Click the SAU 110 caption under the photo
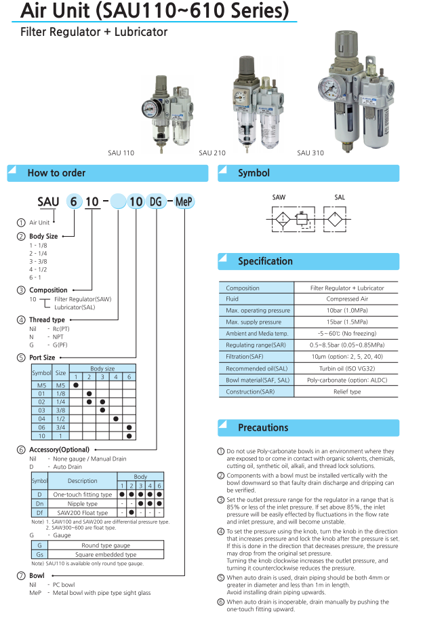(121, 153)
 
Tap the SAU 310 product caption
(310, 153)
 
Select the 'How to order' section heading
(56, 173)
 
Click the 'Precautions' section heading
(263, 427)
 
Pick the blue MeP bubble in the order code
(184, 201)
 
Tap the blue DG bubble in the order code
(156, 201)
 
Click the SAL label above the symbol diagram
(340, 197)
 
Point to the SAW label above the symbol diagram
(279, 197)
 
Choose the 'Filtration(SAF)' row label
(244, 357)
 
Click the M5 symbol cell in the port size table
(41, 385)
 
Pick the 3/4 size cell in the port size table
(60, 427)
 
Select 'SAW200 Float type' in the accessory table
(83, 512)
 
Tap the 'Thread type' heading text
(47, 320)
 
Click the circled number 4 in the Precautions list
(221, 530)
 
